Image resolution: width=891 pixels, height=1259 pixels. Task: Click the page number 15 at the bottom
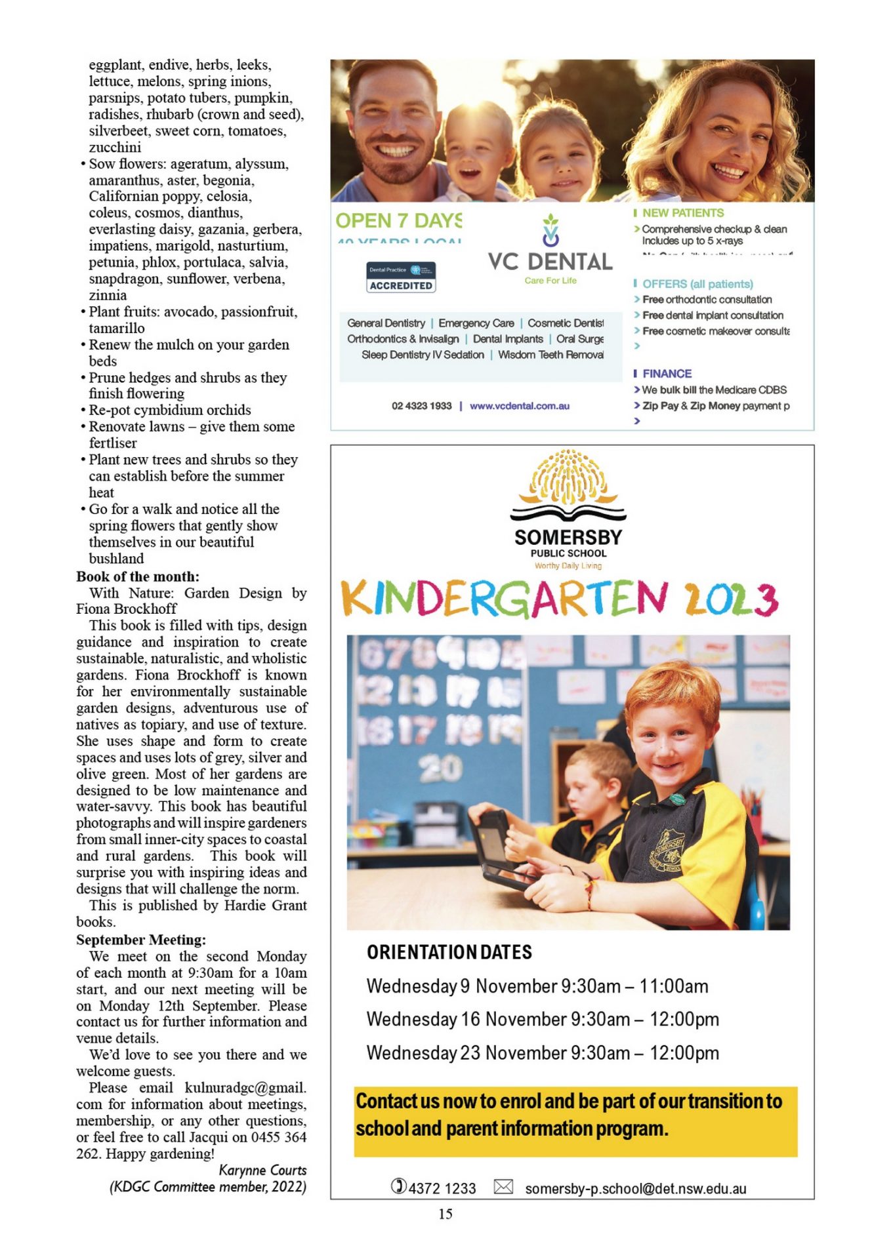pos(445,1214)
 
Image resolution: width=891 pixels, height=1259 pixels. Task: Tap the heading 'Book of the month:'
pos(138,576)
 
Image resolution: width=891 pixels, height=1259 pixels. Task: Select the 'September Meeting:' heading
pos(141,940)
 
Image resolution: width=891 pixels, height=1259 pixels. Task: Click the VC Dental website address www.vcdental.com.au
pos(520,406)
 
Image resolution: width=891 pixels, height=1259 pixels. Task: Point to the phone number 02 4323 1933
pos(422,406)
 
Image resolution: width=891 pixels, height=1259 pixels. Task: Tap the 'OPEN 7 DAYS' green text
pos(398,221)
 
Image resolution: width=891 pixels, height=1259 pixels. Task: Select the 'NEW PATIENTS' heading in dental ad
pos(682,213)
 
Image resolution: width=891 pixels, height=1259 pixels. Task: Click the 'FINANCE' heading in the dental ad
pos(667,374)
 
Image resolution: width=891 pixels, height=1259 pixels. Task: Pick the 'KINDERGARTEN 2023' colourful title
pos(560,599)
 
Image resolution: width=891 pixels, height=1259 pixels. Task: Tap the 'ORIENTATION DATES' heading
pos(449,952)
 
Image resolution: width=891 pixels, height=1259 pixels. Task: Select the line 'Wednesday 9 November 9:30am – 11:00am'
pos(537,986)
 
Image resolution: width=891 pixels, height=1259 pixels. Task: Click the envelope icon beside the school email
pos(503,1187)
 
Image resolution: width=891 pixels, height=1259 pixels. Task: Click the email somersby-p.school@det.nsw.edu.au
pos(635,1188)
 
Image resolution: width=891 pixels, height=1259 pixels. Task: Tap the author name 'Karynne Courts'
pos(262,1170)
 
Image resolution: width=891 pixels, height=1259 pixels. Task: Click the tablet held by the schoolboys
pos(497,849)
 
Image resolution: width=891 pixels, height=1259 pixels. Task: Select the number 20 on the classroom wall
pos(441,769)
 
